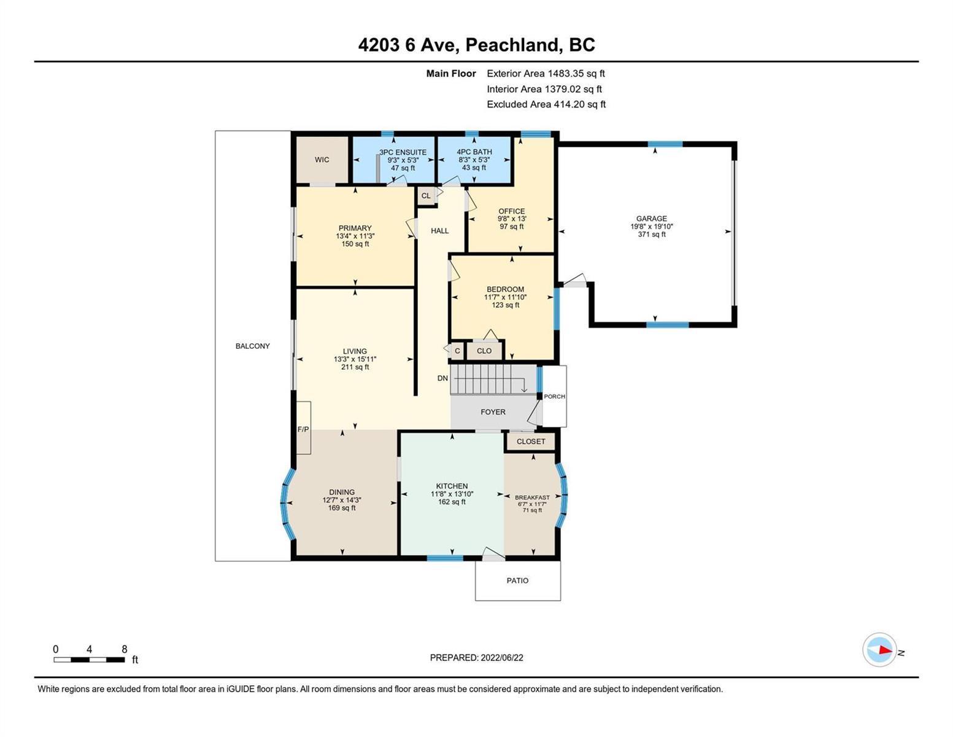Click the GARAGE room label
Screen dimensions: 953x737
point(651,219)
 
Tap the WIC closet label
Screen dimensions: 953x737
point(322,160)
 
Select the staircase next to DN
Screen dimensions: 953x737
point(494,380)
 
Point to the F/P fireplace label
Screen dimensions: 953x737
point(303,429)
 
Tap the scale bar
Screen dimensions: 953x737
point(90,660)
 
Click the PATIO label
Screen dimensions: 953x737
point(517,581)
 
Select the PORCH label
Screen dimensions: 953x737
point(554,396)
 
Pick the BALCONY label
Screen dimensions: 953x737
point(253,346)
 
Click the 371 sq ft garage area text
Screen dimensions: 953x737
point(651,235)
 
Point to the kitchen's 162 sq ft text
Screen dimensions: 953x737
point(452,502)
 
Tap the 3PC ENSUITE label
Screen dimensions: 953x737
point(403,152)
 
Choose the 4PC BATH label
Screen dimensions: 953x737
point(474,152)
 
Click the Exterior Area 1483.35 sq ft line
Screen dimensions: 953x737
point(546,74)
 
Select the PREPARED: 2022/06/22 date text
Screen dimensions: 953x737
point(476,658)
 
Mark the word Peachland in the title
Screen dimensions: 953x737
point(512,45)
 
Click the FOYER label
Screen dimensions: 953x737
point(493,412)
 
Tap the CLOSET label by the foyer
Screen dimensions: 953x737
point(531,442)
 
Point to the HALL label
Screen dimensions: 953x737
point(439,231)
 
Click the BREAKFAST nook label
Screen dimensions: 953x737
point(532,497)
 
